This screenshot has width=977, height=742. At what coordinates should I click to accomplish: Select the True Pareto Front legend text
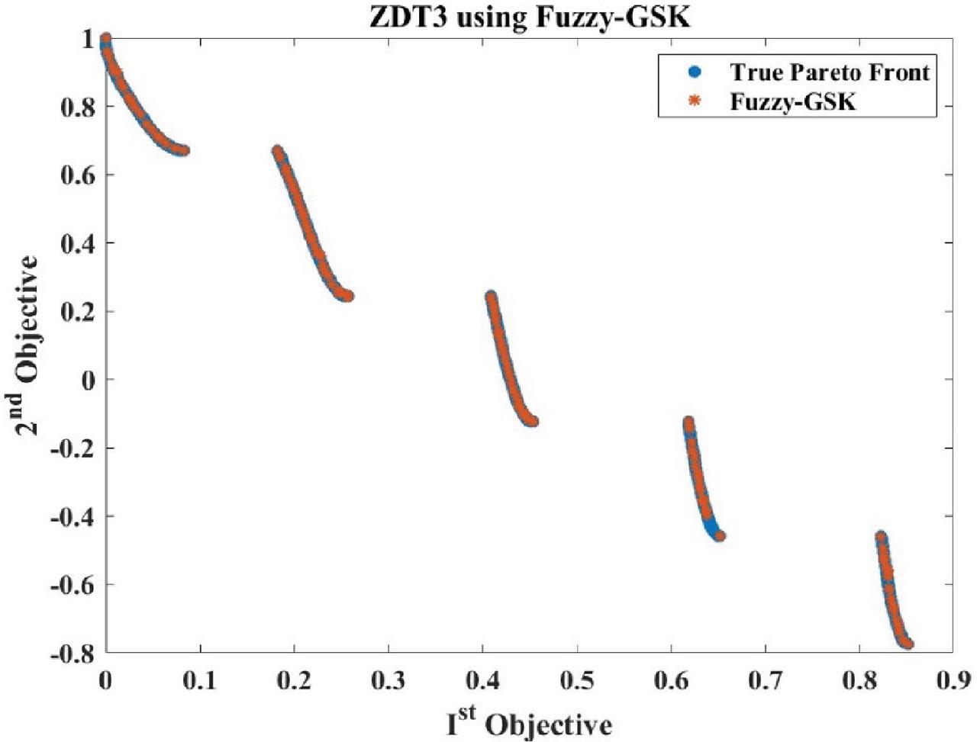click(830, 72)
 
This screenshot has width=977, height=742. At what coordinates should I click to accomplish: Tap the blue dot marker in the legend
click(694, 72)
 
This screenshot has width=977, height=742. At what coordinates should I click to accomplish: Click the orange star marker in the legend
click(694, 101)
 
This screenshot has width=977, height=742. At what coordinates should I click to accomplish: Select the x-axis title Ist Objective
click(528, 721)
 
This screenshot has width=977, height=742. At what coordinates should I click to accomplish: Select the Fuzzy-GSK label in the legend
click(792, 101)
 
